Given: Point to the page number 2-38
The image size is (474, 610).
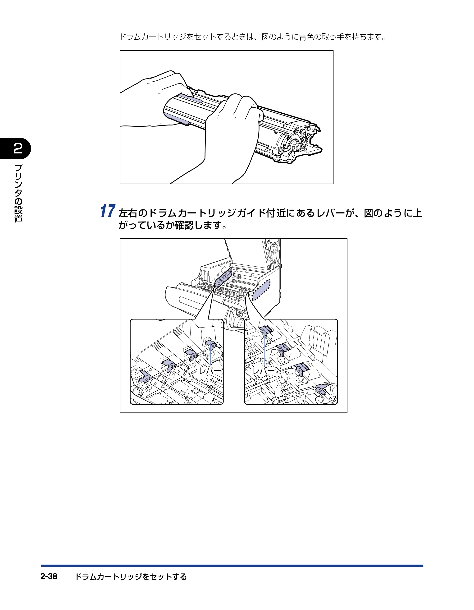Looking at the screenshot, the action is [49, 576].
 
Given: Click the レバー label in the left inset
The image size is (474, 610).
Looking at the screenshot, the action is [210, 371].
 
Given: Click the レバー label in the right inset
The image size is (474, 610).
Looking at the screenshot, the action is [264, 371].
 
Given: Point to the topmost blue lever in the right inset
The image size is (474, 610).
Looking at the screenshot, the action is [265, 330].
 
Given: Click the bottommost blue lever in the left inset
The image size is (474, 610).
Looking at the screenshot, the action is [145, 376].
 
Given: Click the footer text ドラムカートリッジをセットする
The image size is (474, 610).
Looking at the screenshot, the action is [131, 577].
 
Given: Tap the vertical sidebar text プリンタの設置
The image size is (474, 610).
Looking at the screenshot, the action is [18, 193].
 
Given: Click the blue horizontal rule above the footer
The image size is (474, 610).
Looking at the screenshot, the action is [232, 566].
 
